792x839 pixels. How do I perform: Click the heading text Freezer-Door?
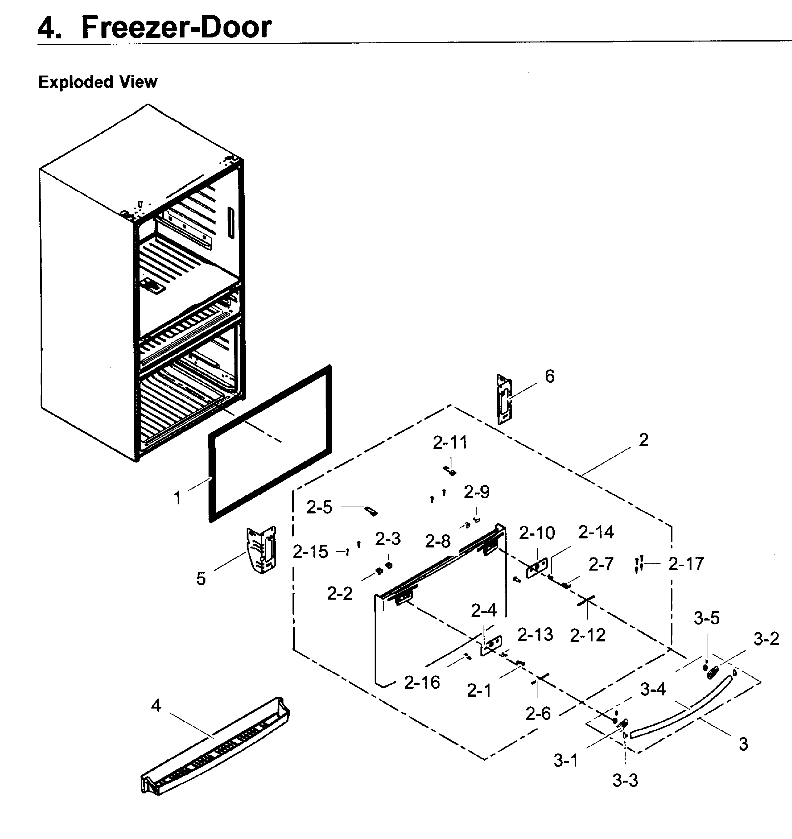(x=176, y=27)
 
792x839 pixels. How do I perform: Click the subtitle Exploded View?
(x=97, y=82)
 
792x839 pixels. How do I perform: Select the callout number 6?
(x=549, y=376)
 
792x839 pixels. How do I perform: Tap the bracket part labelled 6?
(x=504, y=399)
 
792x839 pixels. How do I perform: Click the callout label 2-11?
(x=450, y=443)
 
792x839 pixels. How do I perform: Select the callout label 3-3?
(x=625, y=781)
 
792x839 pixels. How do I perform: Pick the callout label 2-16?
(x=422, y=682)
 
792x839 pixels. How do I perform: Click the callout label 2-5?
(x=319, y=507)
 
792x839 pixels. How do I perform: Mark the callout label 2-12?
(x=587, y=635)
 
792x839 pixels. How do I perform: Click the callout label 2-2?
(x=339, y=594)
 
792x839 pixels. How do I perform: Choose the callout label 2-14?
(x=596, y=532)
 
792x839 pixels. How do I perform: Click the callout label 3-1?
(x=566, y=761)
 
